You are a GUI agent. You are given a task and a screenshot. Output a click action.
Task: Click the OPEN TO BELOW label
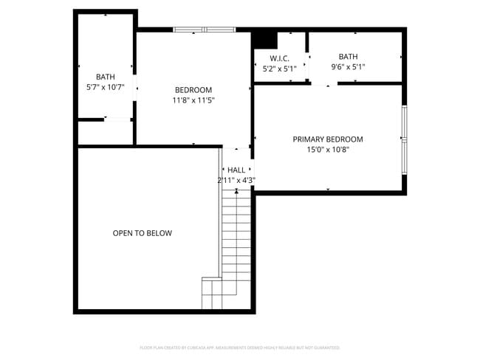142,233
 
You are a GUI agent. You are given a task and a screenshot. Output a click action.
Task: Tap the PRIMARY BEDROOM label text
327,139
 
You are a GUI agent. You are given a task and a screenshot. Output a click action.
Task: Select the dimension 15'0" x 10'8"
327,149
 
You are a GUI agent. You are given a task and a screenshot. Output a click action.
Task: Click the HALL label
236,170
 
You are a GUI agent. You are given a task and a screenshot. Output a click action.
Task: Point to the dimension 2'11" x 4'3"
236,180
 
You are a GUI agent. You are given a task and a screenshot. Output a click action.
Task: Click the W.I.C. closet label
280,58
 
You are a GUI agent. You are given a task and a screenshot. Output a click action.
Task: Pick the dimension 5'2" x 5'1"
280,69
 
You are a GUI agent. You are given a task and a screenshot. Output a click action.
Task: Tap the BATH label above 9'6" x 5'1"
348,57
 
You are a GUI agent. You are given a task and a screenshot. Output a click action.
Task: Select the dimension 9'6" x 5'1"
348,67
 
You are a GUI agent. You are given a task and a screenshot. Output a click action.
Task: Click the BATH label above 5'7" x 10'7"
106,77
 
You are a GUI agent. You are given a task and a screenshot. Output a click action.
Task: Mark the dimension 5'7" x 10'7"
106,87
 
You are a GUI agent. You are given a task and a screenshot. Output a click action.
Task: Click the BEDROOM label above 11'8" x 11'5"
193,90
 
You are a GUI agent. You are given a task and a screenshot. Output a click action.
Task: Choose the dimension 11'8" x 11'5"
193,100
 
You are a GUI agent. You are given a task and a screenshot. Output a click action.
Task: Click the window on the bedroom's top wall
205,30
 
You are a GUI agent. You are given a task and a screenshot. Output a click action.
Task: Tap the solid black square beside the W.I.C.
264,40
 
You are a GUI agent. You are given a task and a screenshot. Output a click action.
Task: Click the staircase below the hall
237,243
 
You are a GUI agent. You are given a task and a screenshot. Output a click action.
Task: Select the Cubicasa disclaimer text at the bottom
239,347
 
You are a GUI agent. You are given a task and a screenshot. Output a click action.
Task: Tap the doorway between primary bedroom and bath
326,83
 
